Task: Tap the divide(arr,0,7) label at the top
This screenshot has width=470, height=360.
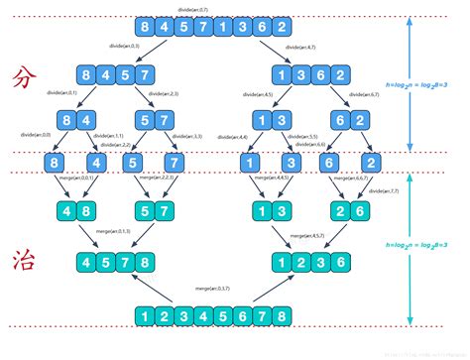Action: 215,8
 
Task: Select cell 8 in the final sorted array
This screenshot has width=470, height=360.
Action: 284,316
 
